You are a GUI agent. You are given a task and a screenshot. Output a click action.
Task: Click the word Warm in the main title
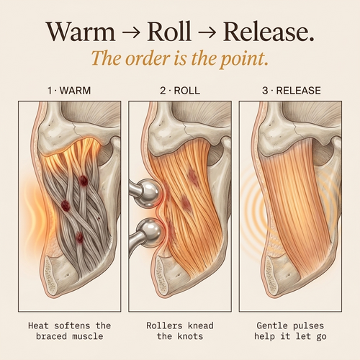click(x=81, y=32)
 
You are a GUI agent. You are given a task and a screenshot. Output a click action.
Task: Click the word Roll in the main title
click(x=169, y=31)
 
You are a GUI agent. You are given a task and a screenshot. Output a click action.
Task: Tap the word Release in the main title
click(x=269, y=31)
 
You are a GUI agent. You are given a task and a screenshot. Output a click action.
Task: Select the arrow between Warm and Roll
click(x=131, y=32)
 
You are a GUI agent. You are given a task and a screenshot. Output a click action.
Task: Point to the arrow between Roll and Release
click(x=207, y=32)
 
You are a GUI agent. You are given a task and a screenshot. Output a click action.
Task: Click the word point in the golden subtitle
click(x=244, y=59)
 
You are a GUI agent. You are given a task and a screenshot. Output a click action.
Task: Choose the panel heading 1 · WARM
click(x=69, y=91)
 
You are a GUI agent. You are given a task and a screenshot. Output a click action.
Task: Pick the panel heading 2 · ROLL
click(x=180, y=91)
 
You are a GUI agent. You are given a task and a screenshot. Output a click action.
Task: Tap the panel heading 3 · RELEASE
click(x=292, y=91)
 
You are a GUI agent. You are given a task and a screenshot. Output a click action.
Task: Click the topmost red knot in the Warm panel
click(x=84, y=181)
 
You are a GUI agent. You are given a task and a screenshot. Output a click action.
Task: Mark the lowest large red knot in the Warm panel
click(x=79, y=238)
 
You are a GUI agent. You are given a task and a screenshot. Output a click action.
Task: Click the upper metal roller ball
click(x=148, y=193)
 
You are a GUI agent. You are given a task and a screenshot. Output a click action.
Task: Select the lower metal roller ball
click(x=150, y=233)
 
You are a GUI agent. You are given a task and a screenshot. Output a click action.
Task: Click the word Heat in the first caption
click(x=38, y=325)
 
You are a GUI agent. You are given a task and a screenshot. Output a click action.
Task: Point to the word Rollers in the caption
click(x=164, y=325)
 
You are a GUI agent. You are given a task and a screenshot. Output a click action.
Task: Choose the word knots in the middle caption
click(x=190, y=336)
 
